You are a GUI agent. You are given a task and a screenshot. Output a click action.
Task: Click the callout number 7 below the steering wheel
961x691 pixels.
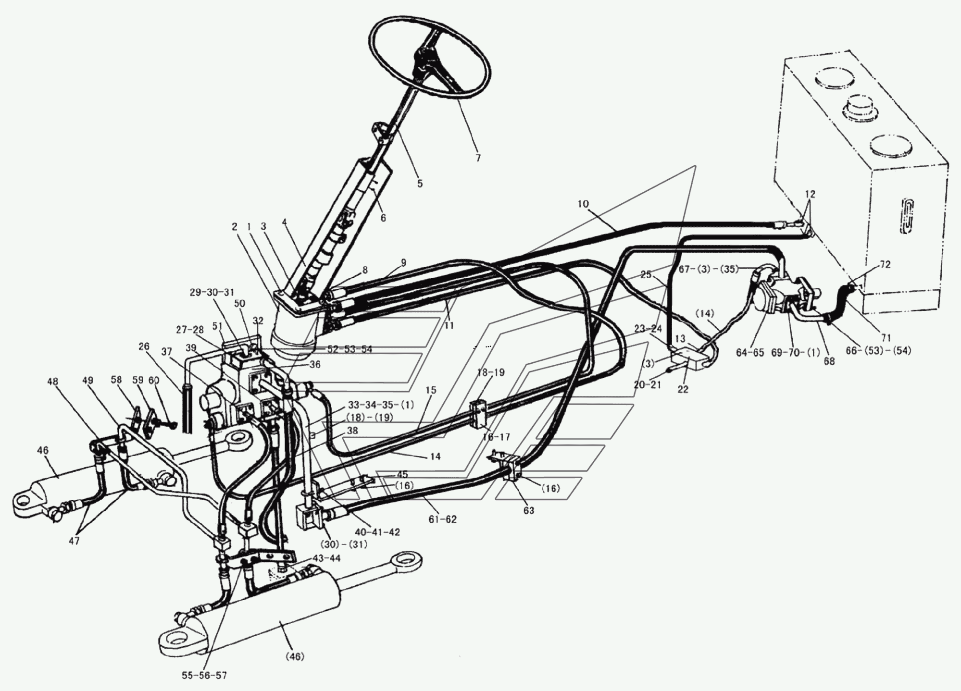(478, 157)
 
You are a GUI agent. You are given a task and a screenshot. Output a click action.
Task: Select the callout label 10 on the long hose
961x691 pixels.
(583, 204)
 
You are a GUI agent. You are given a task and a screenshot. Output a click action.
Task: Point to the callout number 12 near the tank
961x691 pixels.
(810, 195)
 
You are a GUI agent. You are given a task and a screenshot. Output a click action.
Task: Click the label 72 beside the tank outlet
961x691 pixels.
(885, 265)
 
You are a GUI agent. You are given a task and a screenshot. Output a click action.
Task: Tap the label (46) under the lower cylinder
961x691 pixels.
(295, 656)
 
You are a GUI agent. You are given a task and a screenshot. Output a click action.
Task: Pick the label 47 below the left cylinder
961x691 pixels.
(74, 541)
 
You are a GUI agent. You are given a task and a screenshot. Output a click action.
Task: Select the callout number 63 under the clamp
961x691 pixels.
(529, 511)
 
